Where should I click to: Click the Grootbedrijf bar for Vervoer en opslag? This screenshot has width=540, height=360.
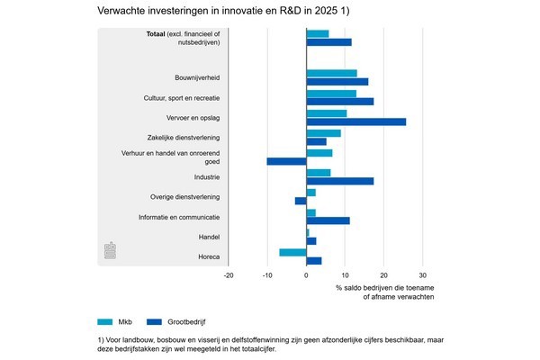[356, 121]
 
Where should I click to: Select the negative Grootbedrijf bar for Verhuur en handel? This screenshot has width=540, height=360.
[286, 161]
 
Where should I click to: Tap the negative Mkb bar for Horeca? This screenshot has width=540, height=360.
[292, 252]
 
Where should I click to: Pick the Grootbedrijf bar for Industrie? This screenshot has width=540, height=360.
[340, 181]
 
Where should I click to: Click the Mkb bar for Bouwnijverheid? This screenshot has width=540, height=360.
[332, 73]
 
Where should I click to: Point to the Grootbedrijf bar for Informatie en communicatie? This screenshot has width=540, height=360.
[328, 220]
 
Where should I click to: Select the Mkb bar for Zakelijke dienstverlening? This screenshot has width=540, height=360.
[324, 133]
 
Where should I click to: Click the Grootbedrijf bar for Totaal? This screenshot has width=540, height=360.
[329, 42]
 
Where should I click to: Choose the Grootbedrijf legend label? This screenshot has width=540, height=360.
[186, 319]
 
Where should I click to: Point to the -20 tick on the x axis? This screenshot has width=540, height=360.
[229, 275]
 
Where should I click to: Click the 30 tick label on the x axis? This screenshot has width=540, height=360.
[423, 275]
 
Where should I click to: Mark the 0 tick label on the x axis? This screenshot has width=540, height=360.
[307, 275]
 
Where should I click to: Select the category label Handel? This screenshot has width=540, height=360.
[209, 237]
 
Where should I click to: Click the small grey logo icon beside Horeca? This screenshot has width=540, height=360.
[110, 250]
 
